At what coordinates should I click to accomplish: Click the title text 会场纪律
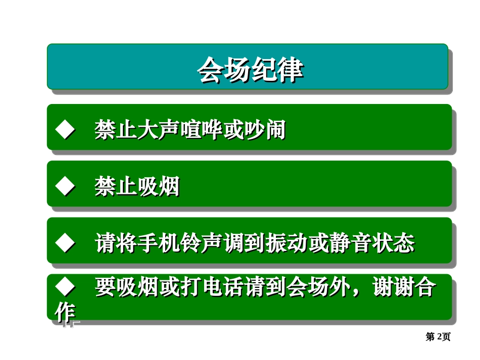pyautogui.click(x=250, y=70)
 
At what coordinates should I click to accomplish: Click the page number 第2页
pyautogui.click(x=438, y=337)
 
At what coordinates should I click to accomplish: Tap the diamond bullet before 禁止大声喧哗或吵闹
pyautogui.click(x=65, y=130)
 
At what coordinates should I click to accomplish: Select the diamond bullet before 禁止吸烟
pyautogui.click(x=65, y=186)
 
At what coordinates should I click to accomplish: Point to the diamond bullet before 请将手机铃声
pyautogui.click(x=65, y=243)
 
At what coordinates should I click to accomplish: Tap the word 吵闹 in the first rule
pyautogui.click(x=264, y=130)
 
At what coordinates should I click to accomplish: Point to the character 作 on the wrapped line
pyautogui.click(x=65, y=313)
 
